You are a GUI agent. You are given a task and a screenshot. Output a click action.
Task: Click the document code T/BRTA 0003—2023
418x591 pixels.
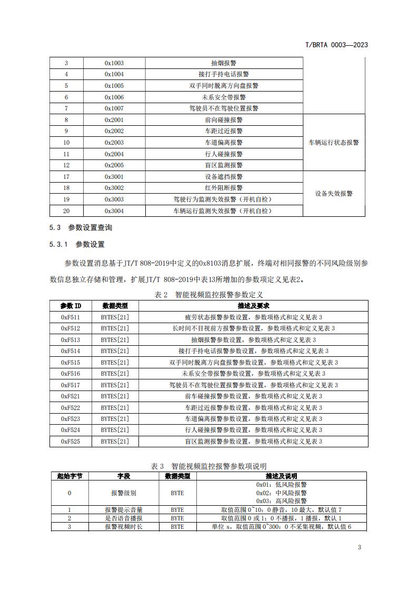pyautogui.click(x=336, y=45)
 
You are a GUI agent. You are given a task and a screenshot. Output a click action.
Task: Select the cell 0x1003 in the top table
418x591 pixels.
pyautogui.click(x=114, y=63)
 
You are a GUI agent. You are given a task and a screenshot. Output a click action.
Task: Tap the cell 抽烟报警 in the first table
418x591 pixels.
pyautogui.click(x=224, y=63)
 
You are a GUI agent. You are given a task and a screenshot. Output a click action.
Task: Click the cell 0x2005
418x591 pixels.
pyautogui.click(x=114, y=165)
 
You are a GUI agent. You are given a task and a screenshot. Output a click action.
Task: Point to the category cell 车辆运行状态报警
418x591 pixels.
pyautogui.click(x=334, y=143)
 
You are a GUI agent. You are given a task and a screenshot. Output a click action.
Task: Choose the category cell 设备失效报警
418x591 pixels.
pyautogui.click(x=334, y=194)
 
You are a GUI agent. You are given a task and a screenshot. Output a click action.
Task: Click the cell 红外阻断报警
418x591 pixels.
pyautogui.click(x=224, y=188)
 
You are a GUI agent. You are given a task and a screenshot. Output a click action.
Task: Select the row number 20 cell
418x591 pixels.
pyautogui.click(x=66, y=211)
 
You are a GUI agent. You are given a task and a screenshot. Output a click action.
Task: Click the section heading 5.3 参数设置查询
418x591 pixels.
pyautogui.click(x=81, y=228)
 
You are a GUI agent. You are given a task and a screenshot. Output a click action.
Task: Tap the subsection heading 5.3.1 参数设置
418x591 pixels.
pyautogui.click(x=77, y=244)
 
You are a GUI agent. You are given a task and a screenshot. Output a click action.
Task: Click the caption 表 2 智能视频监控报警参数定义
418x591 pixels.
pyautogui.click(x=208, y=295)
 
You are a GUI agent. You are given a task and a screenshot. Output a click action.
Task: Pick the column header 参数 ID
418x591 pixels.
pyautogui.click(x=71, y=306)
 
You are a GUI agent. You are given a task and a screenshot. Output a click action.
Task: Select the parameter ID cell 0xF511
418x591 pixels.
pyautogui.click(x=71, y=317)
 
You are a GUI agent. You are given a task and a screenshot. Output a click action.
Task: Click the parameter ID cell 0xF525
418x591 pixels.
pyautogui.click(x=71, y=442)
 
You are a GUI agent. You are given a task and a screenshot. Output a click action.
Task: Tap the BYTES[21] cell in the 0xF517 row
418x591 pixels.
pyautogui.click(x=115, y=385)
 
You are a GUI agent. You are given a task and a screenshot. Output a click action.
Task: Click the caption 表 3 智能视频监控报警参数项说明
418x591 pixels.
pyautogui.click(x=208, y=466)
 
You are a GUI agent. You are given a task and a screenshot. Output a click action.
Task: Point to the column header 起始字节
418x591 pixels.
pyautogui.click(x=69, y=476)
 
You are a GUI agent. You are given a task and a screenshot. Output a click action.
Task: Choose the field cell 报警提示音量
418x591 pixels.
pyautogui.click(x=124, y=510)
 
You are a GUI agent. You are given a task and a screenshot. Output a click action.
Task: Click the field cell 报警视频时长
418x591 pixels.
pyautogui.click(x=124, y=527)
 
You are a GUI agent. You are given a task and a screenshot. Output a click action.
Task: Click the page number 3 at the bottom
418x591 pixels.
pyautogui.click(x=360, y=548)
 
